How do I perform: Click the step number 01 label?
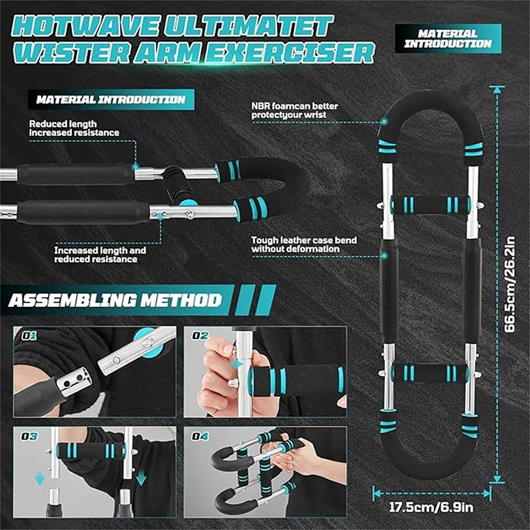29,336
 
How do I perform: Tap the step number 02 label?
200,336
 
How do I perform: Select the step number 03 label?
29,436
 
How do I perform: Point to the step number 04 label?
200,436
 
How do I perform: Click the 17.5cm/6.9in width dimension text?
431,507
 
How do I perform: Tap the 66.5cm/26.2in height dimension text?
510,285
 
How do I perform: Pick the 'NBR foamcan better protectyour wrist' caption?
294,110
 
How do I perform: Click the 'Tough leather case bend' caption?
304,240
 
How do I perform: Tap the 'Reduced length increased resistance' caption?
74,128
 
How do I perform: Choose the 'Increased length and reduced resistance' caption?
100,254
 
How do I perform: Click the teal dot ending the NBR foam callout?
384,122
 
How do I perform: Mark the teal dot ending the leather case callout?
384,256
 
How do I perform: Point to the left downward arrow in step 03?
40,479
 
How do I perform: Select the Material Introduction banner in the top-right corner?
448,38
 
